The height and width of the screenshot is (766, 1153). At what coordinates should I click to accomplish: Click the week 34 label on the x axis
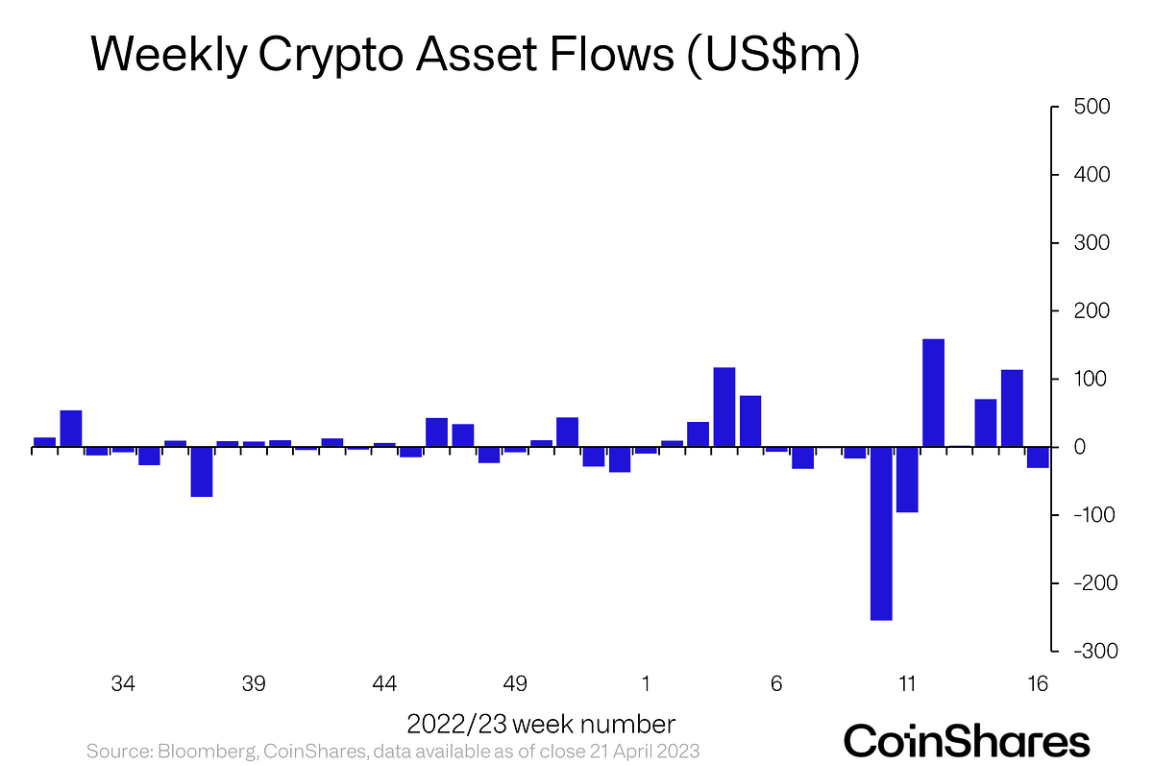tap(123, 684)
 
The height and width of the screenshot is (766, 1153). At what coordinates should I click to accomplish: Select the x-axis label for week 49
tap(515, 684)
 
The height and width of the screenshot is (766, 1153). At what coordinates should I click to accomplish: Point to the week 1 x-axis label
tap(646, 684)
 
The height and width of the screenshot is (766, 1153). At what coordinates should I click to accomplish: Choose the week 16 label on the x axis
tap(1037, 684)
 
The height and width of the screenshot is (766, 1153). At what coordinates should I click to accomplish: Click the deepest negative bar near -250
tap(881, 533)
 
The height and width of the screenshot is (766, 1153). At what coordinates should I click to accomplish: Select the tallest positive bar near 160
tap(933, 393)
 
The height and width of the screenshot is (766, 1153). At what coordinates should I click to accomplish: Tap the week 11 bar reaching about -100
tap(907, 480)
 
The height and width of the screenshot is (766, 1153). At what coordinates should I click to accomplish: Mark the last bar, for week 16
tap(1038, 457)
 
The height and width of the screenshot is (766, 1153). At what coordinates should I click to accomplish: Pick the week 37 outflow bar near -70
tap(202, 472)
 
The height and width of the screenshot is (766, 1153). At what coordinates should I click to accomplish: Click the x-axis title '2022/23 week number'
tap(541, 724)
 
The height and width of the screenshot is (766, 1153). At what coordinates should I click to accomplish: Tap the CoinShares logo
tap(967, 741)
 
